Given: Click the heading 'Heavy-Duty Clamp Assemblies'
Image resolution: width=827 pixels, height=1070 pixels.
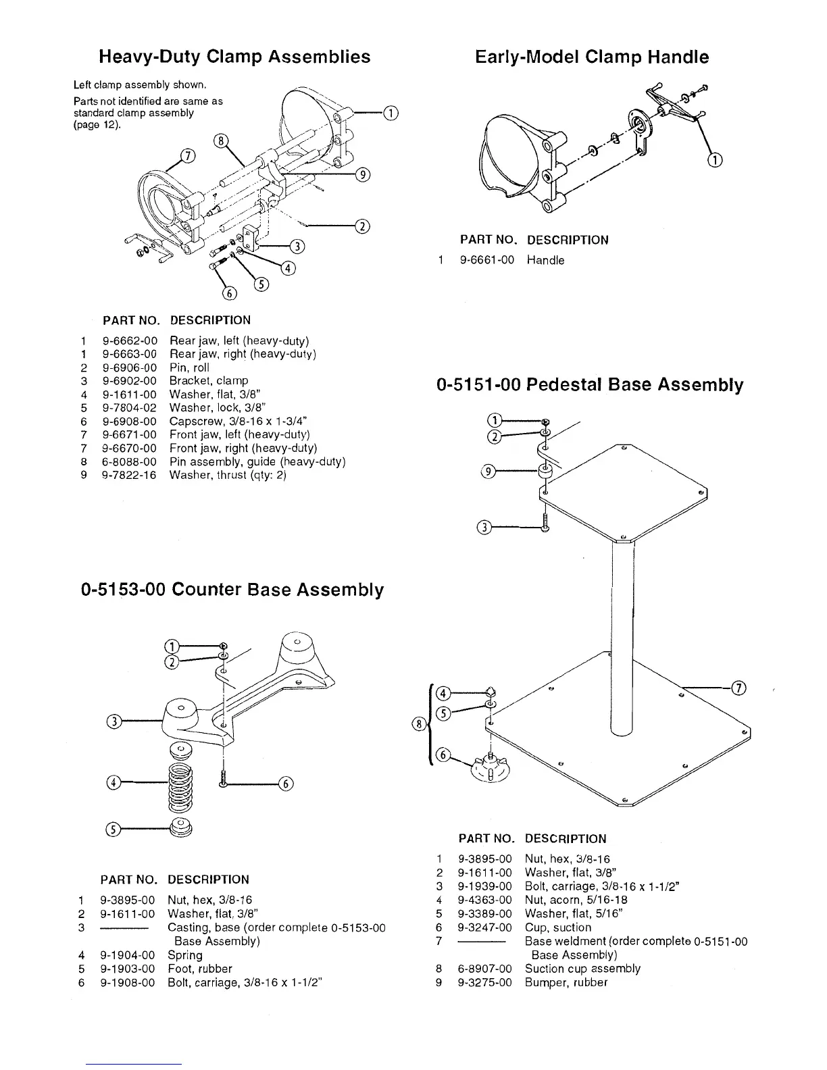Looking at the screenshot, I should pyautogui.click(x=234, y=56).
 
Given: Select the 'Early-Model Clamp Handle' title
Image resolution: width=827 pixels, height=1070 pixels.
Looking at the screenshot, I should pyautogui.click(x=592, y=57).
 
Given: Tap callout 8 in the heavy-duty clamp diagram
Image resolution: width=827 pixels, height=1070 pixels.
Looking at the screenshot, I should pyautogui.click(x=220, y=141).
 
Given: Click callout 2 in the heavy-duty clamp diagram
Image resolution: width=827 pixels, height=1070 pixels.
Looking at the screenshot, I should pyautogui.click(x=362, y=226).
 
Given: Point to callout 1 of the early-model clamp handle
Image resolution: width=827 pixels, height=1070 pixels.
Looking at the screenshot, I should pyautogui.click(x=715, y=160).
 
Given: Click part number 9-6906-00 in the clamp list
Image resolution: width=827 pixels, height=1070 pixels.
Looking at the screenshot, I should pyautogui.click(x=129, y=367).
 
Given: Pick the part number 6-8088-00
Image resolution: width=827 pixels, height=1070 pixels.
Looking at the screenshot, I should pyautogui.click(x=129, y=462).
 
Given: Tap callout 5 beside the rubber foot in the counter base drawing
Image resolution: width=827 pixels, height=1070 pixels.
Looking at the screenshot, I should pyautogui.click(x=113, y=830).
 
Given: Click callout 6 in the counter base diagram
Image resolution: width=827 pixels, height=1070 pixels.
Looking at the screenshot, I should pyautogui.click(x=286, y=784).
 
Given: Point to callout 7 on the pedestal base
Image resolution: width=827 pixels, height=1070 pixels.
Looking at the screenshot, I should pyautogui.click(x=739, y=688).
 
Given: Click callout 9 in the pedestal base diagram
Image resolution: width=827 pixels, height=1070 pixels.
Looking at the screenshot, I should pyautogui.click(x=486, y=472).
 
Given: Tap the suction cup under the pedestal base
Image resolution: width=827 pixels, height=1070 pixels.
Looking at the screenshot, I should pyautogui.click(x=491, y=767).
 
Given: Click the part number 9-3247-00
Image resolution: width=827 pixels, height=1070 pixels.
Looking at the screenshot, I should pyautogui.click(x=484, y=927).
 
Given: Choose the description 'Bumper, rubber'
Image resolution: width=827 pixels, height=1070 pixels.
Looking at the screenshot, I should pyautogui.click(x=566, y=982).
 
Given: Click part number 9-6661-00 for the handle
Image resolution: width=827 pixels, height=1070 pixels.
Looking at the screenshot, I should pyautogui.click(x=486, y=260).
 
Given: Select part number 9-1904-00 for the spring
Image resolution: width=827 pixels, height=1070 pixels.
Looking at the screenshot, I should pyautogui.click(x=127, y=955).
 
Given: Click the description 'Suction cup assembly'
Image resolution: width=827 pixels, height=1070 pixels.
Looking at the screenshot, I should pyautogui.click(x=582, y=969).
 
